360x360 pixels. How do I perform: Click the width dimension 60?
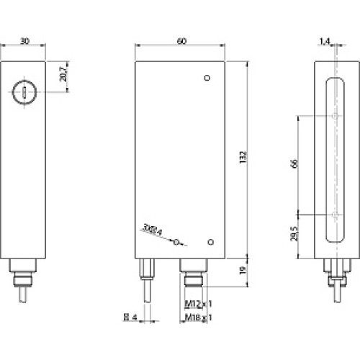click(180, 42)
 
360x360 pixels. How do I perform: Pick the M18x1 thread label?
click(194, 317)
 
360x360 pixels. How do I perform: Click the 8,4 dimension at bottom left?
click(130, 317)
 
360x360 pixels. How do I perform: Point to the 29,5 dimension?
click(294, 238)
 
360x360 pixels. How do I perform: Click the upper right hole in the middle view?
click(207, 78)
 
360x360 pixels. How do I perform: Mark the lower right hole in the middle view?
click(210, 242)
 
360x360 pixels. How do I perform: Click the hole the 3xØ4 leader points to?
click(176, 243)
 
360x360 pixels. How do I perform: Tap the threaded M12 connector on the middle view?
click(193, 277)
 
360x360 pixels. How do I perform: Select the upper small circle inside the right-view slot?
click(336, 116)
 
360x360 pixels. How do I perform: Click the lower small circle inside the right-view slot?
click(336, 215)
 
